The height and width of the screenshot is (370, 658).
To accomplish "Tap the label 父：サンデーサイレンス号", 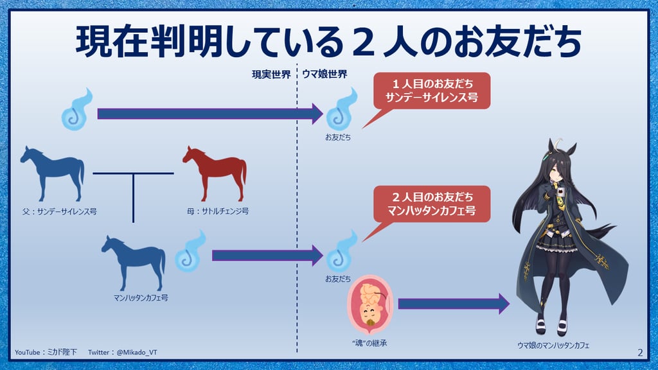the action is click(x=60, y=212).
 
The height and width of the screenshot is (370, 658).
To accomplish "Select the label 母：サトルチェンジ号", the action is click(x=218, y=211).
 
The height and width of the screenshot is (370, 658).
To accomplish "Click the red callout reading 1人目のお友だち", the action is click(x=432, y=91).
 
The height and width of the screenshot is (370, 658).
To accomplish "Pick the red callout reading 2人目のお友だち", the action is click(x=432, y=204).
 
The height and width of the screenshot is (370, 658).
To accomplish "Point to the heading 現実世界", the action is click(x=271, y=75).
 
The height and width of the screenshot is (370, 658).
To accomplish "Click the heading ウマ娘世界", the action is click(x=325, y=75).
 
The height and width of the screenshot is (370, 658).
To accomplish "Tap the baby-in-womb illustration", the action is click(x=369, y=304).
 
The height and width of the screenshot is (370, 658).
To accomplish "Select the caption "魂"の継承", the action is click(x=369, y=343).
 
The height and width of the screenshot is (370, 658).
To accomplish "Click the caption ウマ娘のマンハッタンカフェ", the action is click(x=553, y=346).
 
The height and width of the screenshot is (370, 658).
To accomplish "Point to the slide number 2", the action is click(x=640, y=353).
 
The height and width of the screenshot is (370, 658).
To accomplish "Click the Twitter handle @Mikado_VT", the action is click(x=137, y=353).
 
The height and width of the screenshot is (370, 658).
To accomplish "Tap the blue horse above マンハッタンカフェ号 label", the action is click(x=134, y=263).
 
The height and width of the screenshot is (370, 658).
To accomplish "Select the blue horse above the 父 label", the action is click(x=53, y=174).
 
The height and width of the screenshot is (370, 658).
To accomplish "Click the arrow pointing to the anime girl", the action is click(x=454, y=304).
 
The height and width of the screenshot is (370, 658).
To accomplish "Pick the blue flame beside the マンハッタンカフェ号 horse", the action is click(x=190, y=251).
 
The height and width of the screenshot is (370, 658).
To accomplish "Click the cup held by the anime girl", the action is click(x=560, y=192).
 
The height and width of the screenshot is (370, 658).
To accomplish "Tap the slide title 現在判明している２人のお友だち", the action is click(x=328, y=41).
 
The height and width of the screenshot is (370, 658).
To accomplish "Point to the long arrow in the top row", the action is click(x=210, y=114).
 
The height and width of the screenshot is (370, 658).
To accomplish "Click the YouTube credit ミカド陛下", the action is click(x=62, y=353).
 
